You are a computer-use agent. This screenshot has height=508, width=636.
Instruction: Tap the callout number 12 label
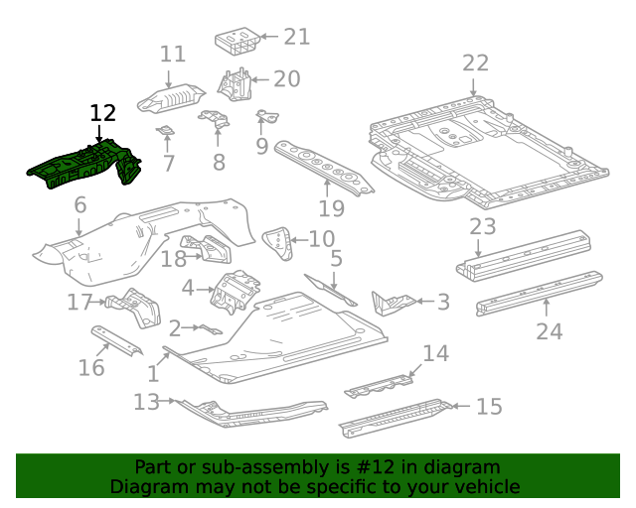tap(102, 113)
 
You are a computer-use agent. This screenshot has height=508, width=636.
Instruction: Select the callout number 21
tap(296, 37)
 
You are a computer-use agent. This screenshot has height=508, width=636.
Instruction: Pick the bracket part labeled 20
tap(236, 82)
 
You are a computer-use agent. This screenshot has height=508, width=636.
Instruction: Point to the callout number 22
tap(475, 63)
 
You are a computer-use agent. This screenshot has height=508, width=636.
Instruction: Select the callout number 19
tap(331, 207)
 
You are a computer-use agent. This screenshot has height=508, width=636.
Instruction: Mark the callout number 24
tap(549, 331)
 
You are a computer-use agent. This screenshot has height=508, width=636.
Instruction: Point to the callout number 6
tap(79, 205)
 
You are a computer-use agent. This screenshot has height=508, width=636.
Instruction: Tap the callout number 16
tap(90, 368)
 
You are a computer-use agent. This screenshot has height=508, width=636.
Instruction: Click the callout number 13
tap(146, 401)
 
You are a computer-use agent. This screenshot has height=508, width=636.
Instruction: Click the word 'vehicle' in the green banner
tap(486, 486)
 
